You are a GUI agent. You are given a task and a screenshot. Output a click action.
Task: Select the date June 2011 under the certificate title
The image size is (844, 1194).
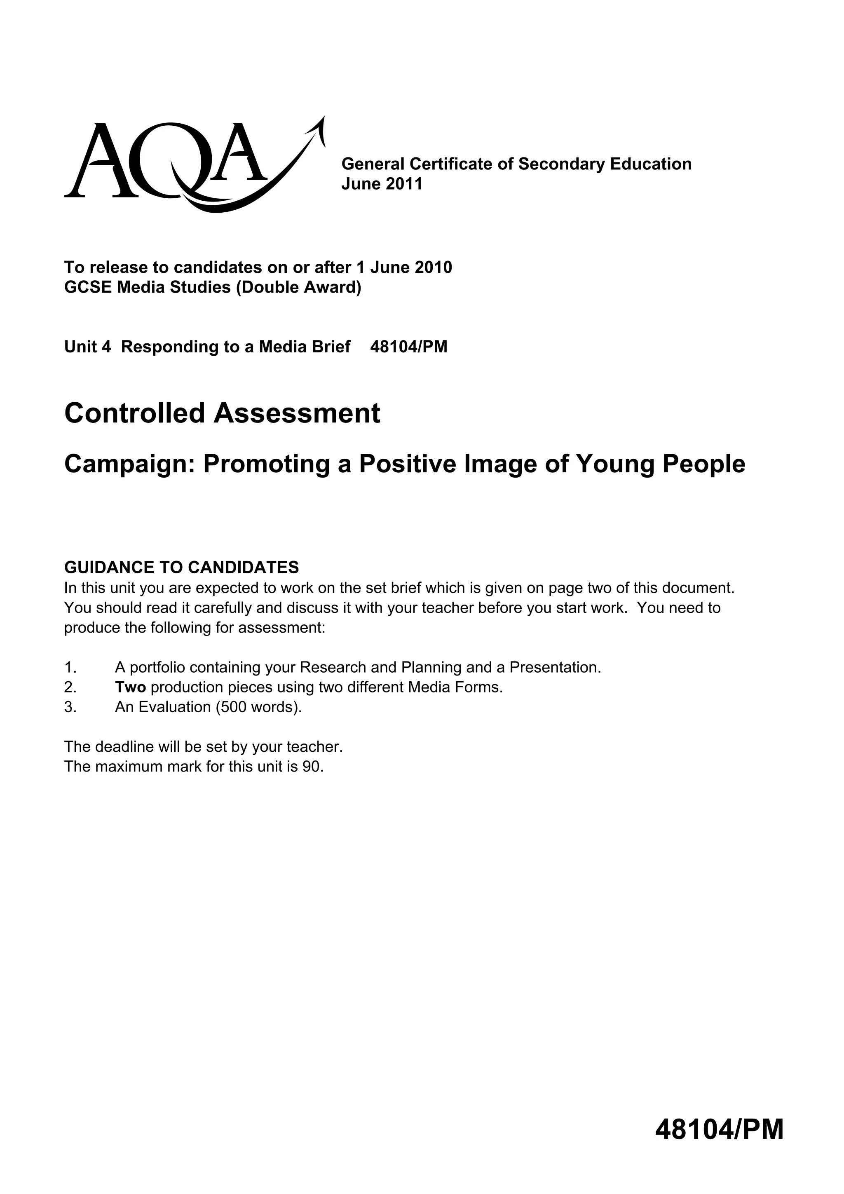[x=382, y=183]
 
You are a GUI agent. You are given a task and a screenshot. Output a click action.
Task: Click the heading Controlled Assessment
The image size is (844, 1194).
[x=222, y=413]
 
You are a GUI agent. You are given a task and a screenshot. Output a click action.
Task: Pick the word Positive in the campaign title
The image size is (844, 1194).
[x=406, y=464]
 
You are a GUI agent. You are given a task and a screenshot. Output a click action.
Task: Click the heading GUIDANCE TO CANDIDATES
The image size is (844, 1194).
[x=181, y=567]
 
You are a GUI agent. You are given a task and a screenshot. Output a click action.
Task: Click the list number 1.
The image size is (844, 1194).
[x=70, y=667]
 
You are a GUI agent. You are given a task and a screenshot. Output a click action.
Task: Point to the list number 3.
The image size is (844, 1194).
[x=70, y=707]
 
